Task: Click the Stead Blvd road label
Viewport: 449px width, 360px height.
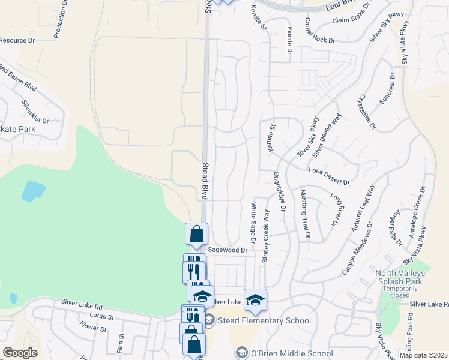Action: (205, 181)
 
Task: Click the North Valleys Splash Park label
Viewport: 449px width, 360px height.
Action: (400, 278)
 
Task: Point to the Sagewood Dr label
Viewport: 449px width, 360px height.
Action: (228, 250)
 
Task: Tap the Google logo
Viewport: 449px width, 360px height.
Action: (20, 353)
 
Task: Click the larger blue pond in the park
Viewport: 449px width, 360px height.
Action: (33, 191)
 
